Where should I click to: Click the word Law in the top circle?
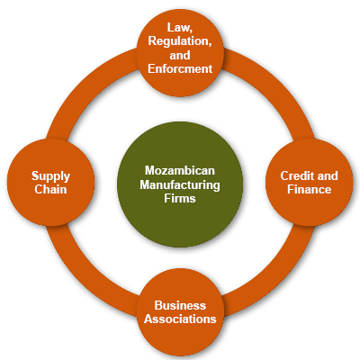(179, 28)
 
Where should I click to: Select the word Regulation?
(180, 41)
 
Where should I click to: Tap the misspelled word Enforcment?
(180, 68)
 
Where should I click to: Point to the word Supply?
(50, 176)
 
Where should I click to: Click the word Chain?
(50, 189)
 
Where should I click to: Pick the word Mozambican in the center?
(180, 170)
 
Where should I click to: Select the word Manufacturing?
(180, 184)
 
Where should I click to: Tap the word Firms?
(180, 198)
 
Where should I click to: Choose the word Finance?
(310, 189)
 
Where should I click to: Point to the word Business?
(180, 305)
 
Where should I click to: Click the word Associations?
(180, 319)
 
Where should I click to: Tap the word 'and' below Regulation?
(180, 55)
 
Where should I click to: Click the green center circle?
(180, 184)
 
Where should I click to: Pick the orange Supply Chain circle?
(50, 183)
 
